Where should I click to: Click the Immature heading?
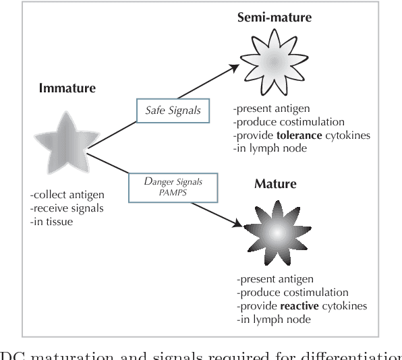[x=67, y=88]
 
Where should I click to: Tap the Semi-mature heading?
[x=273, y=17]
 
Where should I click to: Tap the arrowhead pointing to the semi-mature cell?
[x=234, y=67]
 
